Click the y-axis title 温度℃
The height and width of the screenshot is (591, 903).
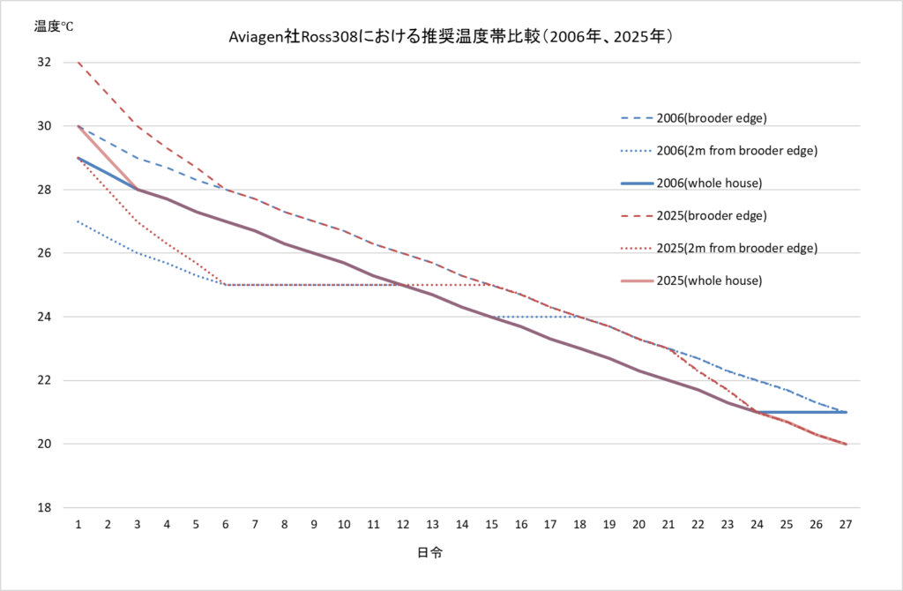click(54, 26)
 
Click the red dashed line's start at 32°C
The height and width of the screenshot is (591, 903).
click(78, 63)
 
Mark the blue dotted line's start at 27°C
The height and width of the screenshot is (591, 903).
click(78, 221)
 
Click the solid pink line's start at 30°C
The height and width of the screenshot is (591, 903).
click(78, 126)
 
